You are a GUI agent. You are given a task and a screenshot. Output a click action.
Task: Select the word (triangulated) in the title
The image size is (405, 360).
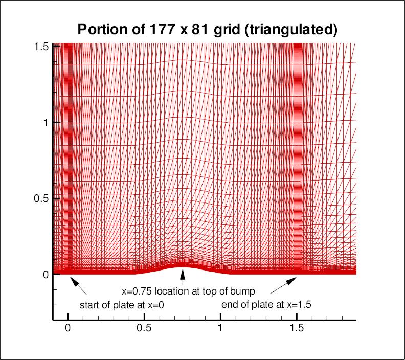pyautogui.click(x=290, y=29)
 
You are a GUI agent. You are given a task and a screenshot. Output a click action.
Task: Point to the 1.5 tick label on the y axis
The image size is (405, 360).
pyautogui.click(x=41, y=47)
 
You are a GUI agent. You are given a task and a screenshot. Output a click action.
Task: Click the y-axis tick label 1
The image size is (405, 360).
pyautogui.click(x=45, y=123)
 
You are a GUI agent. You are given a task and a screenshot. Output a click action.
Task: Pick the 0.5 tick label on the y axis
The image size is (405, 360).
pyautogui.click(x=41, y=198)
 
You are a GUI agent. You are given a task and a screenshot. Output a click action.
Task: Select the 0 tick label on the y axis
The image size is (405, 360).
pyautogui.click(x=45, y=274)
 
